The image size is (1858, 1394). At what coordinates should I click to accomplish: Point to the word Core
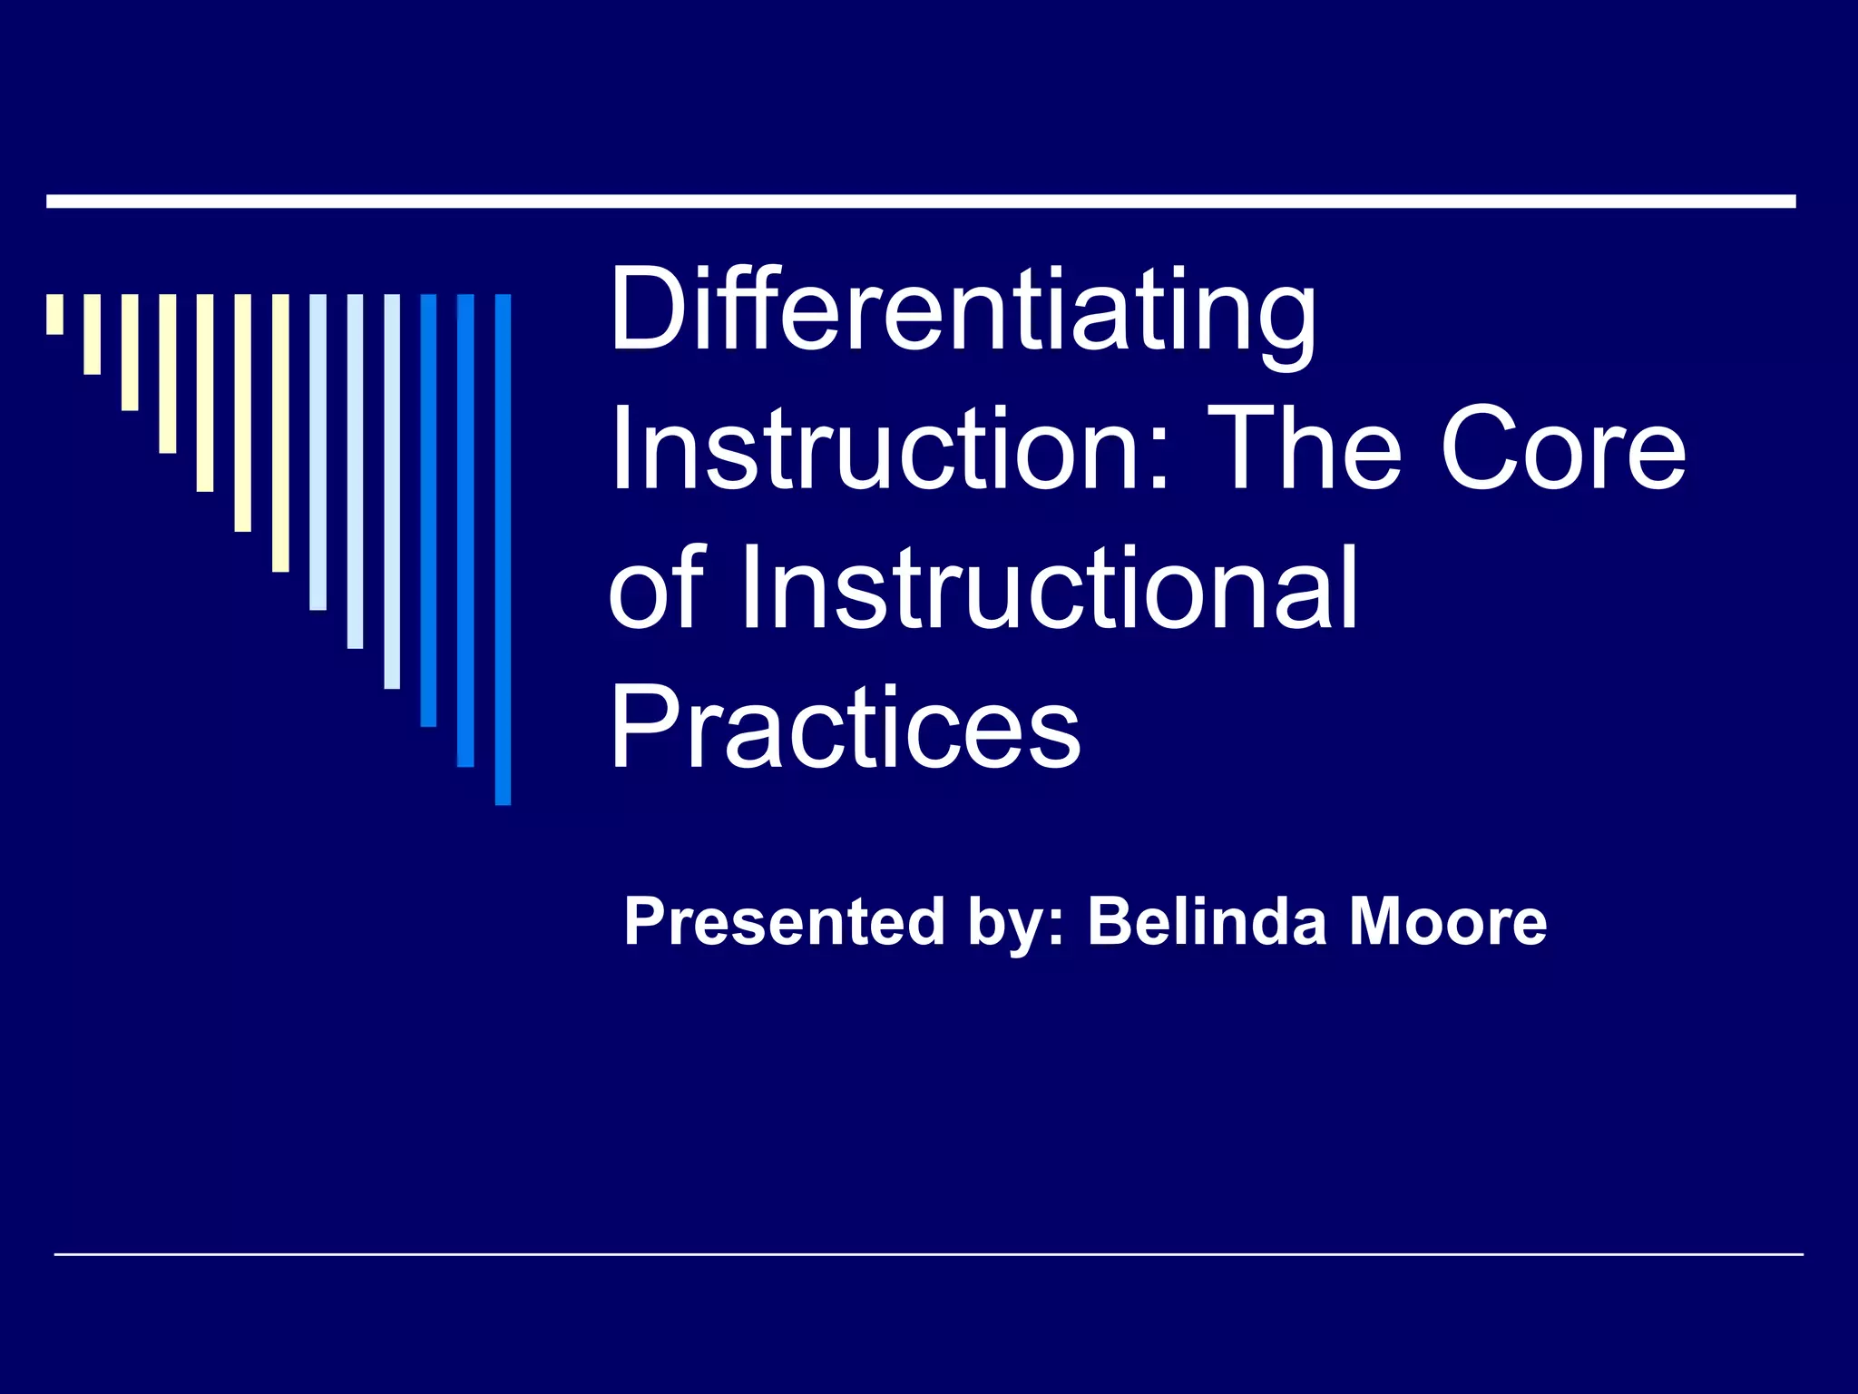tap(1562, 449)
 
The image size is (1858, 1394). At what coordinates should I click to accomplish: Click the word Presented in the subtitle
tap(785, 922)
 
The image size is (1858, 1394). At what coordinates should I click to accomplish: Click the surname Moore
tap(1448, 922)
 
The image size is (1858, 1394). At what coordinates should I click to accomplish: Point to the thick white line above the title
tap(921, 201)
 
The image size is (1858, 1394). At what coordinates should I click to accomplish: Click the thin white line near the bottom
tap(928, 1254)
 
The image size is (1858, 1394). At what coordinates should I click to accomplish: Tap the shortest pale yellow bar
tap(55, 314)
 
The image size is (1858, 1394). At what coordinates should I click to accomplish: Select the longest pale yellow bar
tap(280, 432)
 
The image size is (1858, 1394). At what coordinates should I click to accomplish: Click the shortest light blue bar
tap(318, 451)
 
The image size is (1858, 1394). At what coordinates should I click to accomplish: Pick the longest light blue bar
tap(392, 490)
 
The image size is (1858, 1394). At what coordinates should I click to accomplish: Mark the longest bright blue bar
tap(503, 548)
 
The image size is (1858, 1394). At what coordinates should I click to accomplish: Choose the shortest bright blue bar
tap(428, 509)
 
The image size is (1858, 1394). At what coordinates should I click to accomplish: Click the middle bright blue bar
tap(465, 529)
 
